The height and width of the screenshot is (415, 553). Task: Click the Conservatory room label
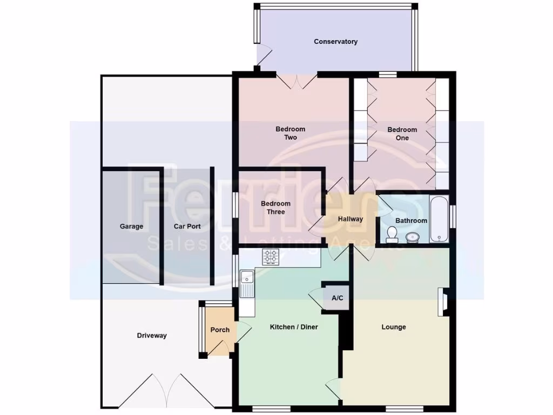pyautogui.click(x=335, y=42)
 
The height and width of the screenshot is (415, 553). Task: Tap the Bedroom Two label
pyautogui.click(x=291, y=133)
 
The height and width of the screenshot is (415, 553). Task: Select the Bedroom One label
pyautogui.click(x=402, y=133)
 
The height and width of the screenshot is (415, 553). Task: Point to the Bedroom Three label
pyautogui.click(x=275, y=207)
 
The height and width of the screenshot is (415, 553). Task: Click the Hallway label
pyautogui.click(x=350, y=219)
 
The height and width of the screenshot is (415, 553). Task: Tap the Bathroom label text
pyautogui.click(x=411, y=220)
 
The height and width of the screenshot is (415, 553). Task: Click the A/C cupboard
pyautogui.click(x=337, y=298)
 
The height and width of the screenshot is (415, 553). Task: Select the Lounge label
pyautogui.click(x=394, y=327)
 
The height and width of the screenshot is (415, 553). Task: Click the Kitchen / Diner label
pyautogui.click(x=294, y=327)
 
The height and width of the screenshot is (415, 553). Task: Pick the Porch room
pyautogui.click(x=220, y=330)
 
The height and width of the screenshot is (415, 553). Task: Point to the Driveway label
pyautogui.click(x=152, y=336)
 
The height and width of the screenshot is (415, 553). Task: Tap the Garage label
pyautogui.click(x=131, y=226)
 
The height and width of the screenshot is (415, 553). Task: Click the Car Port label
pyautogui.click(x=187, y=226)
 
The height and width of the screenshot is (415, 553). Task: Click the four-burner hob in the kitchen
pyautogui.click(x=271, y=257)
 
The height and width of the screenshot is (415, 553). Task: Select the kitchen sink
pyautogui.click(x=247, y=283)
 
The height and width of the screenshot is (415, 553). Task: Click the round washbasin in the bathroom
pyautogui.click(x=413, y=236)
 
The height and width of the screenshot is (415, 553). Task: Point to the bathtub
pyautogui.click(x=438, y=219)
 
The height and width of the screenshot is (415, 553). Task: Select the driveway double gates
pyautogui.click(x=165, y=390)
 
